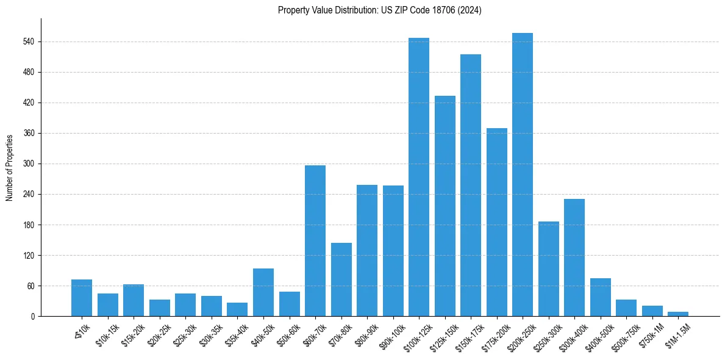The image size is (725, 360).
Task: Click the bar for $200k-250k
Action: coord(523,175)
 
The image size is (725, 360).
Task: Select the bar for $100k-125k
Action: coord(419,177)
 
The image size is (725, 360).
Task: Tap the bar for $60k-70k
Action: coord(315,240)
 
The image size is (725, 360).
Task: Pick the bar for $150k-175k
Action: coord(471,185)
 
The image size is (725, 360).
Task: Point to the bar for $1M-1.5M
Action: coord(678,314)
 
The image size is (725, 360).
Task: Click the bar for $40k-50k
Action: coord(263,292)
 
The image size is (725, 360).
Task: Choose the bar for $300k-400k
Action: coord(574,257)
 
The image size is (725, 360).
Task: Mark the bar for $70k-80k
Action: coord(341,279)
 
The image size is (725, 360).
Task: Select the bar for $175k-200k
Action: coord(497,222)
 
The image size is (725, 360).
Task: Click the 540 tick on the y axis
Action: coord(29,42)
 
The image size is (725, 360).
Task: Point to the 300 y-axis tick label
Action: coord(29,164)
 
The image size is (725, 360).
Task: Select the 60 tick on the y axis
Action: coord(31,286)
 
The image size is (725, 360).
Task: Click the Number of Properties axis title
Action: coord(9,167)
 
